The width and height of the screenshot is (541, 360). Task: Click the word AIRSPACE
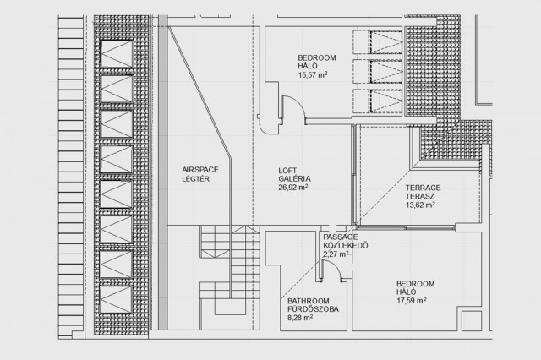[x=200, y=170]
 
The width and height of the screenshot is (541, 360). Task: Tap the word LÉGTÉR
[x=195, y=178]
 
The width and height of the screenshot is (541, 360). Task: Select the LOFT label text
[x=287, y=171]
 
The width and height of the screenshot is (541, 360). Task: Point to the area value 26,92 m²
[x=293, y=188]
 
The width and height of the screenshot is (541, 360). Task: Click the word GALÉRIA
[x=294, y=178]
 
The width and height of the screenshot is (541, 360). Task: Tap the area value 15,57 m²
[x=313, y=74]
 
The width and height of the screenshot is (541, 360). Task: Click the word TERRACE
[x=423, y=188]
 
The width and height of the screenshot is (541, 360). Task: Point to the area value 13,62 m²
[x=420, y=205]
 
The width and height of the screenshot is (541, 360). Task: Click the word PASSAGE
[x=341, y=237]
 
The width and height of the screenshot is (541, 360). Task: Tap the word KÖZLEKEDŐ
[x=346, y=246]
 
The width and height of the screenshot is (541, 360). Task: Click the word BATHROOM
[x=309, y=301]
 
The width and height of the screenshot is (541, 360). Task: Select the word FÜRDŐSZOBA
[x=313, y=309]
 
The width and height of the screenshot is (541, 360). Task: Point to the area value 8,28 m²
[x=300, y=317]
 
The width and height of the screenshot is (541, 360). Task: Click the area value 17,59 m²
[x=412, y=300]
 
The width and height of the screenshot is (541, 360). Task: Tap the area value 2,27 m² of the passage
[x=336, y=254]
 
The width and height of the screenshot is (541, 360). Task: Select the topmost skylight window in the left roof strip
[x=117, y=54]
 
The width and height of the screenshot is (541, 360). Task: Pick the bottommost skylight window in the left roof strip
[x=117, y=299]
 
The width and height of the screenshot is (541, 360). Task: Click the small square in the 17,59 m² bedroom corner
[x=472, y=320]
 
